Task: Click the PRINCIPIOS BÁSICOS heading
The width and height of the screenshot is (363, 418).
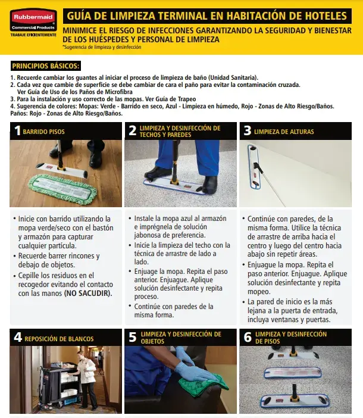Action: (46, 66)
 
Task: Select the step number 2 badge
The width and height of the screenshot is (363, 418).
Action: (132, 131)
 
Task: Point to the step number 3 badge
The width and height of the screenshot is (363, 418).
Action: (247, 131)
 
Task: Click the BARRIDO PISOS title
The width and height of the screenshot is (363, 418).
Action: (44, 132)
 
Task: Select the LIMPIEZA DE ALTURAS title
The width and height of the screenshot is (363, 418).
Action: (284, 132)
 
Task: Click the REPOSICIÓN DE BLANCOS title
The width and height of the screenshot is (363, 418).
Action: (59, 339)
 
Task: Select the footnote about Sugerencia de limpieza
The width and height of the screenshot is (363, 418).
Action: (102, 47)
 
